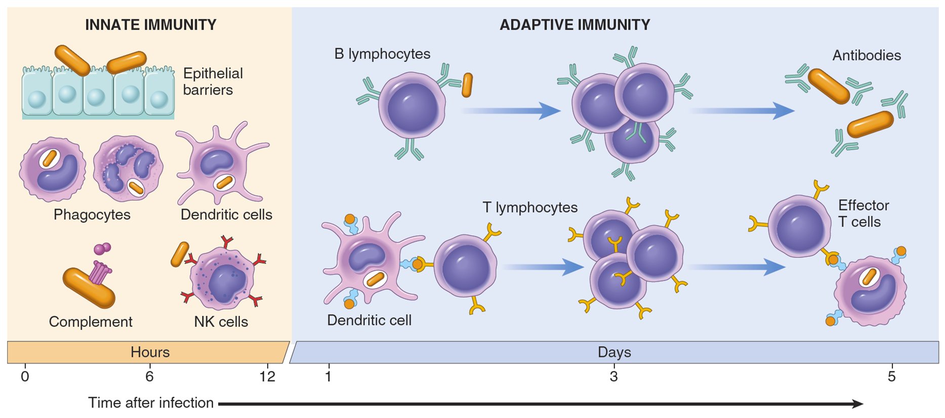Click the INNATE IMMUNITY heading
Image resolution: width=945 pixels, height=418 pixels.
(150, 25)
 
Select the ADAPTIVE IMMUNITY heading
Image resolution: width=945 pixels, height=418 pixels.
(574, 25)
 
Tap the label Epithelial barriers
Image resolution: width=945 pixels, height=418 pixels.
(213, 81)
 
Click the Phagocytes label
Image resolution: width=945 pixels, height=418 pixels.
(92, 215)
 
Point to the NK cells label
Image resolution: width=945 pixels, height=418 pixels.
(221, 322)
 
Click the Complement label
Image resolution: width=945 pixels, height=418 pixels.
(91, 322)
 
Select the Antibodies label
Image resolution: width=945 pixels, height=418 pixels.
(866, 55)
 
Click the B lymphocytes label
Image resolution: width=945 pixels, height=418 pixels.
(382, 54)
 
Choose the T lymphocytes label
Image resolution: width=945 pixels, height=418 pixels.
(529, 207)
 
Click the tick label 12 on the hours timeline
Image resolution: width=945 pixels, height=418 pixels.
(267, 377)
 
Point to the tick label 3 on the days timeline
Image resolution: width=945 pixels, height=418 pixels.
(613, 377)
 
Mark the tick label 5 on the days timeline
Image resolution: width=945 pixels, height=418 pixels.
(891, 377)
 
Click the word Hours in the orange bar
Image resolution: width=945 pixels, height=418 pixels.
(150, 352)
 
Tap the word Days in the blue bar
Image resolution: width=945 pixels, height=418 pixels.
(614, 352)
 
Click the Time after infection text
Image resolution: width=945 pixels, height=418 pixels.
(151, 403)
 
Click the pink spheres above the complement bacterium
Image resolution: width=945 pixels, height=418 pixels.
(102, 248)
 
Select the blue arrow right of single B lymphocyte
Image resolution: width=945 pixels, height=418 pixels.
(511, 110)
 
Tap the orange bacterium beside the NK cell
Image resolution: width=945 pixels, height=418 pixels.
(180, 254)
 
